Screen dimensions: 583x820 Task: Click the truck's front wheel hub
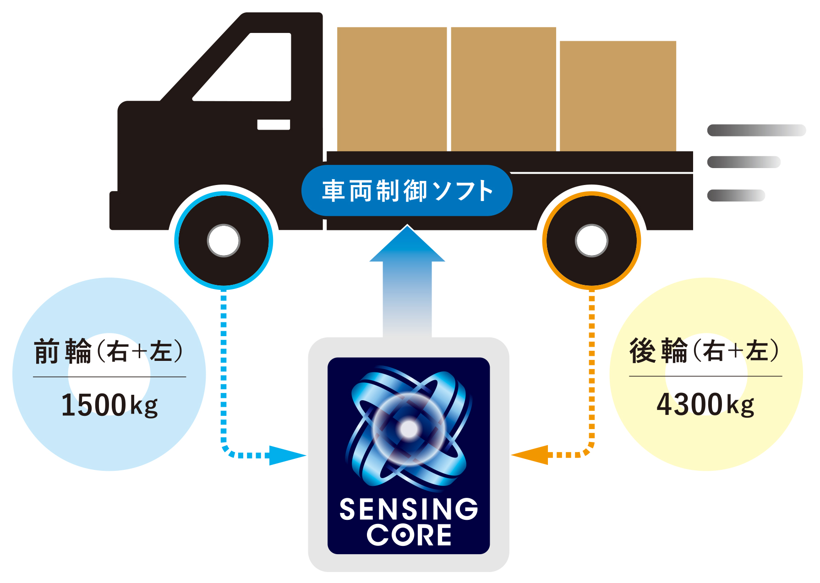pos(224,240)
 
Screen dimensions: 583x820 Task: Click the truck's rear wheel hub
pos(591,240)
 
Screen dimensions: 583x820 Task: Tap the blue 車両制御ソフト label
pos(407,191)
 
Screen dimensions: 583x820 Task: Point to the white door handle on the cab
pos(273,125)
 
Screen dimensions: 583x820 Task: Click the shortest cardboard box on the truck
pos(618,96)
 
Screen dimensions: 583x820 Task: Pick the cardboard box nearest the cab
pos(392,89)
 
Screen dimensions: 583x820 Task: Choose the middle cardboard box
pos(503,89)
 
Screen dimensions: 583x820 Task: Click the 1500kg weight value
pos(109,405)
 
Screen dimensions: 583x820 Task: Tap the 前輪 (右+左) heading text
pos(109,352)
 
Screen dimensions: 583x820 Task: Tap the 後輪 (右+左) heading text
pos(705,351)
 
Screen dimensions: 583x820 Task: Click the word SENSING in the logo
pos(409,509)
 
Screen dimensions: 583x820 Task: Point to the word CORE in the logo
pos(409,535)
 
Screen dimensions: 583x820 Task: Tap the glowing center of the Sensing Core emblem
pos(409,429)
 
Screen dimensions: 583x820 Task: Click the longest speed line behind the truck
pos(756,131)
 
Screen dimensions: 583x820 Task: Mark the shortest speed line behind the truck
pos(736,196)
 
